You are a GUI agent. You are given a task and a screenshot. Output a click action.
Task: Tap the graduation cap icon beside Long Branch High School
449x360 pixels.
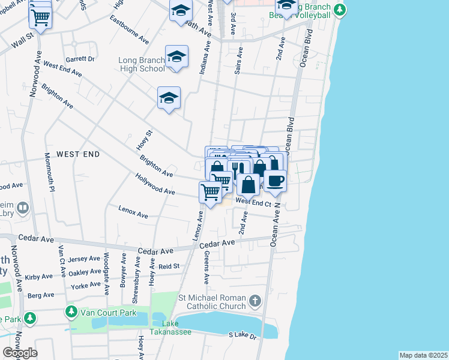(x=176, y=56)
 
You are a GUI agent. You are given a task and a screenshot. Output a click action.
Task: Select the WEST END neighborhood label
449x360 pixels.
(x=77, y=154)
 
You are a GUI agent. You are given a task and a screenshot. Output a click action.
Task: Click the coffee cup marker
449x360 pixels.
(x=275, y=180)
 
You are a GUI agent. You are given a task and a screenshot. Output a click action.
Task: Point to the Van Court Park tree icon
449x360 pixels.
(x=71, y=312)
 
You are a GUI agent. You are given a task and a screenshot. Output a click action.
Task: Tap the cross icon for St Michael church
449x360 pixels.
(x=255, y=301)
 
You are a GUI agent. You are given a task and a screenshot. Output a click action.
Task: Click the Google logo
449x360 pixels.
(x=20, y=353)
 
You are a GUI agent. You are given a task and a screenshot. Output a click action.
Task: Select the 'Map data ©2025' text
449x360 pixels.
(x=423, y=355)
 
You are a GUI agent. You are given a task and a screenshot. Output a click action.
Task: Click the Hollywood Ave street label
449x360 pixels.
(x=155, y=185)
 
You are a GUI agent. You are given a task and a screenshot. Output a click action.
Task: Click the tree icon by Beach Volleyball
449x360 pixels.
(x=340, y=10)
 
